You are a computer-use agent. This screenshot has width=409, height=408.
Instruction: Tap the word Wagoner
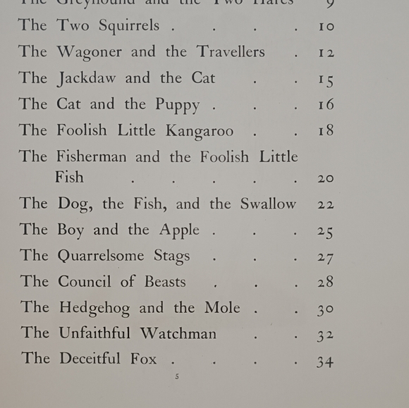(x=88, y=52)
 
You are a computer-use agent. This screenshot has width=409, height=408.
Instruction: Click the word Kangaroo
(x=200, y=131)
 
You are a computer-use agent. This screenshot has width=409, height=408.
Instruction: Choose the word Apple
(x=179, y=230)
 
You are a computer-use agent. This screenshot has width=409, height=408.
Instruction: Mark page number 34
(x=324, y=362)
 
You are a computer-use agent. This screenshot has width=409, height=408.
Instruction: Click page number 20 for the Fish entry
(x=325, y=179)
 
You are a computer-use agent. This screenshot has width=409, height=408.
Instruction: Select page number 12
(x=325, y=54)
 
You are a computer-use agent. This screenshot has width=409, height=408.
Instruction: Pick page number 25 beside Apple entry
(x=325, y=232)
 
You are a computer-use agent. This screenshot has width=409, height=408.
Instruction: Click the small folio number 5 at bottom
(x=177, y=377)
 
